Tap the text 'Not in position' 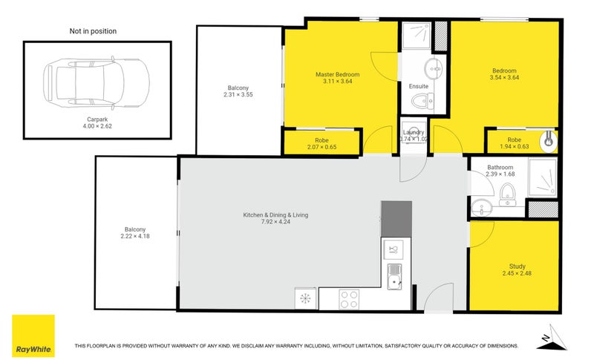(93, 31)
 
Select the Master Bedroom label (337, 74)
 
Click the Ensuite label (418, 86)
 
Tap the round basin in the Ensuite (433, 69)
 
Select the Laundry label (413, 132)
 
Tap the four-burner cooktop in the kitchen (350, 298)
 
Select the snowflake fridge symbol (305, 298)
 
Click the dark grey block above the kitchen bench (396, 218)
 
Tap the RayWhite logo (33, 336)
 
